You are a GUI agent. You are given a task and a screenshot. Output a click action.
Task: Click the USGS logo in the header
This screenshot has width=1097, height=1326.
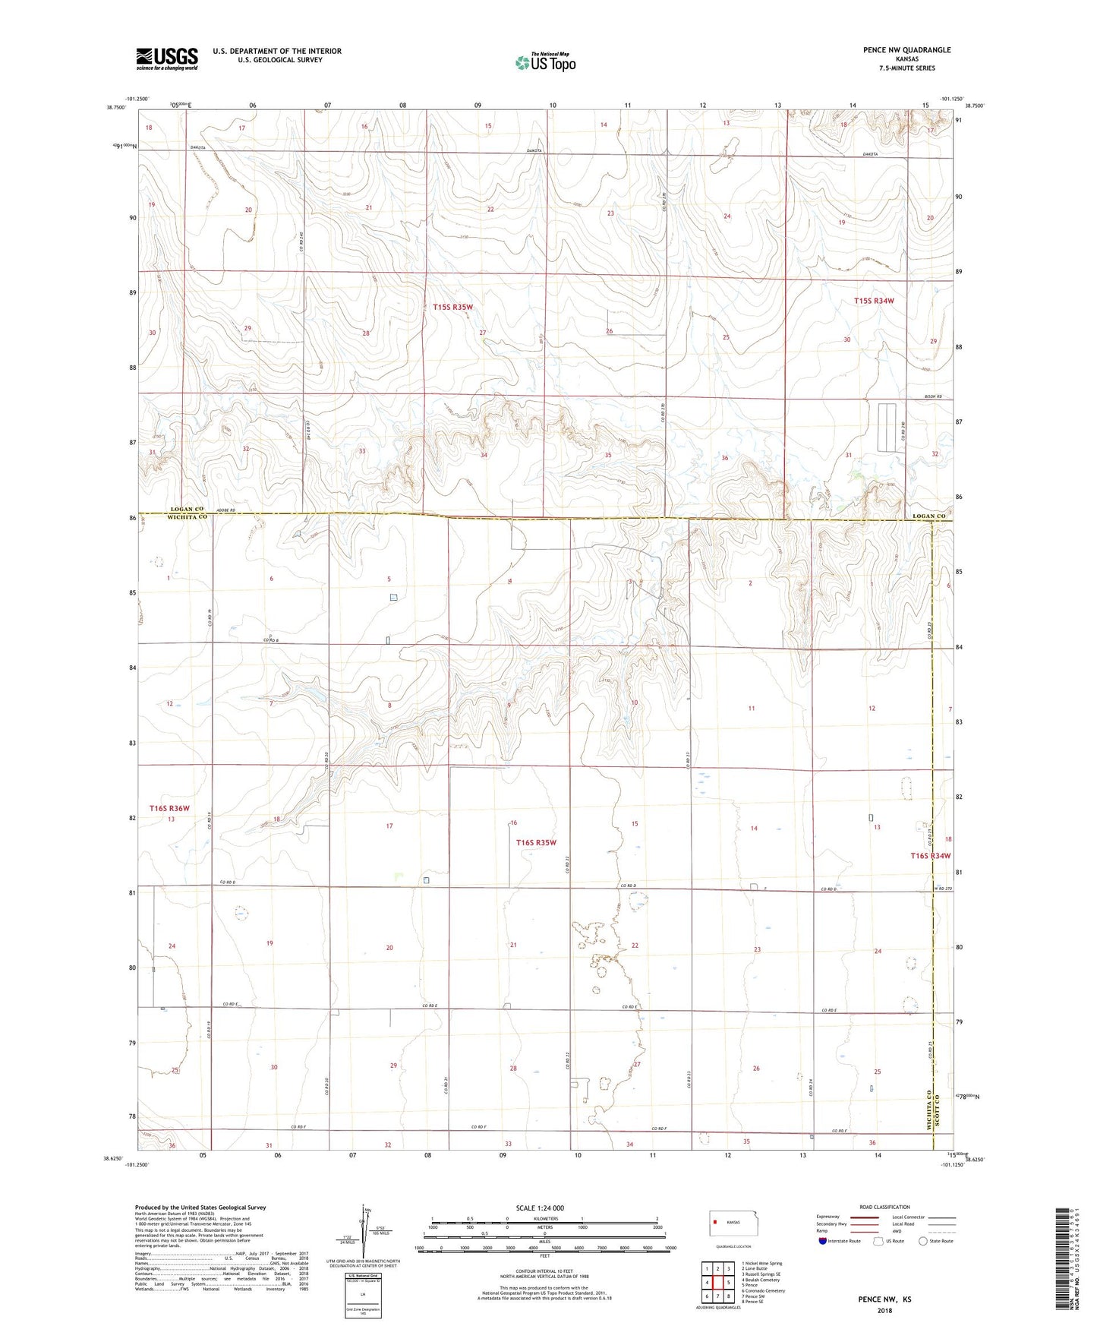[x=167, y=58]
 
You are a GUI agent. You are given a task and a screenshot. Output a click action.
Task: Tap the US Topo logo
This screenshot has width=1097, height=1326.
[x=545, y=62]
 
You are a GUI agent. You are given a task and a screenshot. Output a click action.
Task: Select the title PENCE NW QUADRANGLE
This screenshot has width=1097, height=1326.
[x=906, y=50]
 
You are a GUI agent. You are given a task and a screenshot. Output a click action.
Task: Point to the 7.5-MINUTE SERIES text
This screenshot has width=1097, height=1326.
[x=906, y=68]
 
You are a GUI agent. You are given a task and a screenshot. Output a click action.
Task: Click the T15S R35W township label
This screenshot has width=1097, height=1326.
[x=453, y=307]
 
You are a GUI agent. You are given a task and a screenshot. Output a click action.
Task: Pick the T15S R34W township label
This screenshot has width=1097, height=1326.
[x=874, y=301]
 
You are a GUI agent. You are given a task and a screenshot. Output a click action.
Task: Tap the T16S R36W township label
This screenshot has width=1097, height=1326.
[x=169, y=808]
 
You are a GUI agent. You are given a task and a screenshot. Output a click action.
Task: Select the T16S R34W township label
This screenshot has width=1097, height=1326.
[x=930, y=856]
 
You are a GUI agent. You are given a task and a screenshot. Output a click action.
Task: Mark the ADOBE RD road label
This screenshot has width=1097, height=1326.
[x=226, y=511]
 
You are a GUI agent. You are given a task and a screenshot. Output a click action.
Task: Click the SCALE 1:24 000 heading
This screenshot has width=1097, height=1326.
[x=540, y=1208]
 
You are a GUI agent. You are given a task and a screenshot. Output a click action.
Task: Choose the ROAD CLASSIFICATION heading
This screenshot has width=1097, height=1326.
[x=884, y=1207]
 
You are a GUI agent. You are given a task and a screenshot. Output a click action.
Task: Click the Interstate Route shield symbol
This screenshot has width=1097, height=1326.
[x=824, y=1241]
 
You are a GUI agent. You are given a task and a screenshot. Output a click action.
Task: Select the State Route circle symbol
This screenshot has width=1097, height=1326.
[x=923, y=1241]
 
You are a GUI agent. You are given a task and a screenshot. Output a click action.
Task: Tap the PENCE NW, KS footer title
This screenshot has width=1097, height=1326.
[x=884, y=1299]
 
